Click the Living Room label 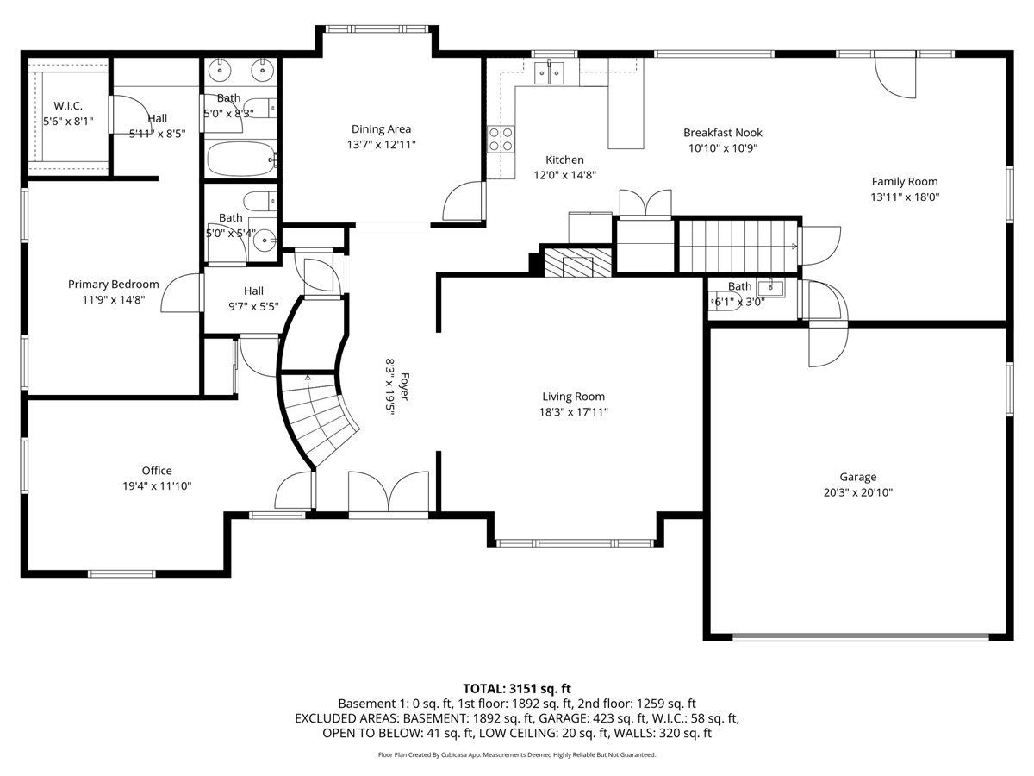click(573, 397)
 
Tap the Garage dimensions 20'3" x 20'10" click(858, 493)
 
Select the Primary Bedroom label click(114, 285)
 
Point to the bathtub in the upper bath click(240, 160)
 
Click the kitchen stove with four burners click(501, 140)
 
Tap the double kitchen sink click(549, 73)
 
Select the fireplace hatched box click(578, 262)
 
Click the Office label click(157, 471)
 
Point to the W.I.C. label click(68, 106)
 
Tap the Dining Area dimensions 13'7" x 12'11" click(382, 145)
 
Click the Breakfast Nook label click(723, 133)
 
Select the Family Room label click(905, 181)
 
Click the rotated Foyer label click(405, 386)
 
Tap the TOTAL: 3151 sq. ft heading click(517, 689)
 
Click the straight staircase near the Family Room click(738, 246)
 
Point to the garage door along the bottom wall click(860, 637)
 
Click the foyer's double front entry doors click(389, 491)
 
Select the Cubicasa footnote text click(517, 754)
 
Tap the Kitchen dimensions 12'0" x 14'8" click(564, 175)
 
